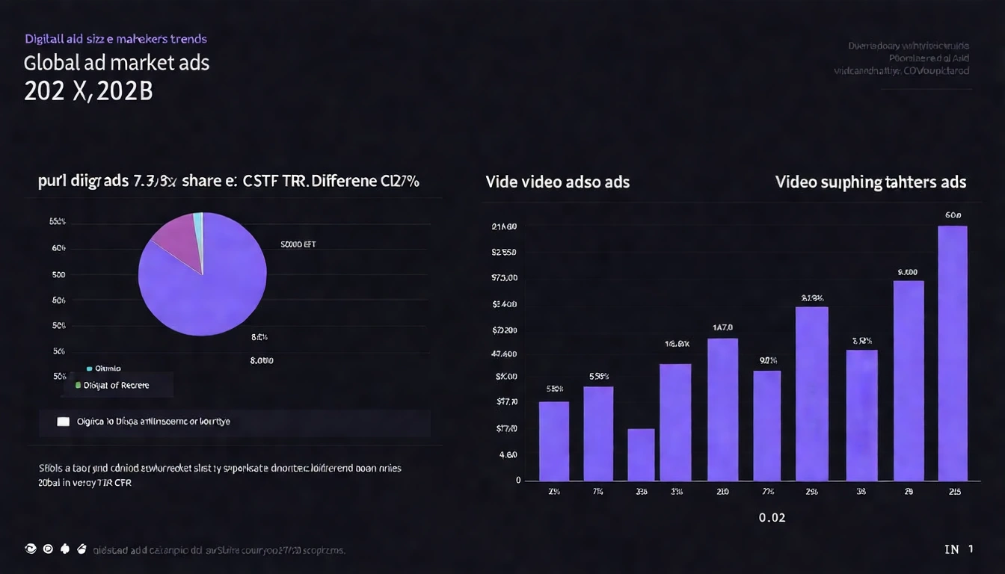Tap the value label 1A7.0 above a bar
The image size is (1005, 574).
[722, 327]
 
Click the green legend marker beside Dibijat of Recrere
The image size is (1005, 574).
[77, 386]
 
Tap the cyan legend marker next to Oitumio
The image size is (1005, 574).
[89, 368]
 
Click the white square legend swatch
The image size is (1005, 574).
[63, 422]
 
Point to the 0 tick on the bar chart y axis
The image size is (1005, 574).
[517, 481]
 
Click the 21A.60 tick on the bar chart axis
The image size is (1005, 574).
[505, 226]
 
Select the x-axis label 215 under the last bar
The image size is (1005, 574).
[954, 492]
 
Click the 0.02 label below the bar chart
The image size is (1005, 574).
[772, 517]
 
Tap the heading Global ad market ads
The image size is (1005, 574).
[117, 63]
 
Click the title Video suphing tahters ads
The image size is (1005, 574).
[870, 182]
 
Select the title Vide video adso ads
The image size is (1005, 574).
[557, 182]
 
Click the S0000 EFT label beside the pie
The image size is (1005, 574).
[298, 244]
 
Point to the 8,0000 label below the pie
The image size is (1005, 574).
[261, 360]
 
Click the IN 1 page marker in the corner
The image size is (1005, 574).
[959, 549]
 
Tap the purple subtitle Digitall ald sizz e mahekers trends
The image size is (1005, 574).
[116, 38]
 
